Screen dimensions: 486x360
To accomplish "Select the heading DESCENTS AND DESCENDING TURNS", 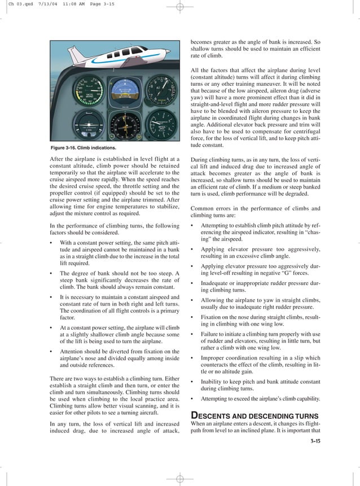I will (255, 415).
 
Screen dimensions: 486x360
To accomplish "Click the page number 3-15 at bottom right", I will (314, 441).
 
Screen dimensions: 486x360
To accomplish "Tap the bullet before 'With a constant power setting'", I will (51, 243).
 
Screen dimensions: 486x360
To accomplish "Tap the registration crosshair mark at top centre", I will (180, 7).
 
